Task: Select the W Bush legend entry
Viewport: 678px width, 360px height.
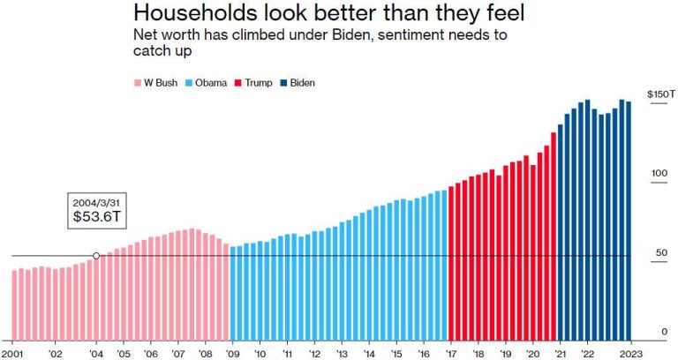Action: point(160,83)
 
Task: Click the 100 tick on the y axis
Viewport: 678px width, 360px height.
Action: point(659,173)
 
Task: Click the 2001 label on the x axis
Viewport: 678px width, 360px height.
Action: point(12,353)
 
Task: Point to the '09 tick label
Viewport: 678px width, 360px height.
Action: point(232,353)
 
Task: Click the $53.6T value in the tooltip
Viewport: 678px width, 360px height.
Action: point(94,217)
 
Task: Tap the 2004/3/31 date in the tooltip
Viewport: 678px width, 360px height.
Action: point(94,201)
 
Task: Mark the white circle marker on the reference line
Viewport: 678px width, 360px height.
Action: point(96,256)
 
